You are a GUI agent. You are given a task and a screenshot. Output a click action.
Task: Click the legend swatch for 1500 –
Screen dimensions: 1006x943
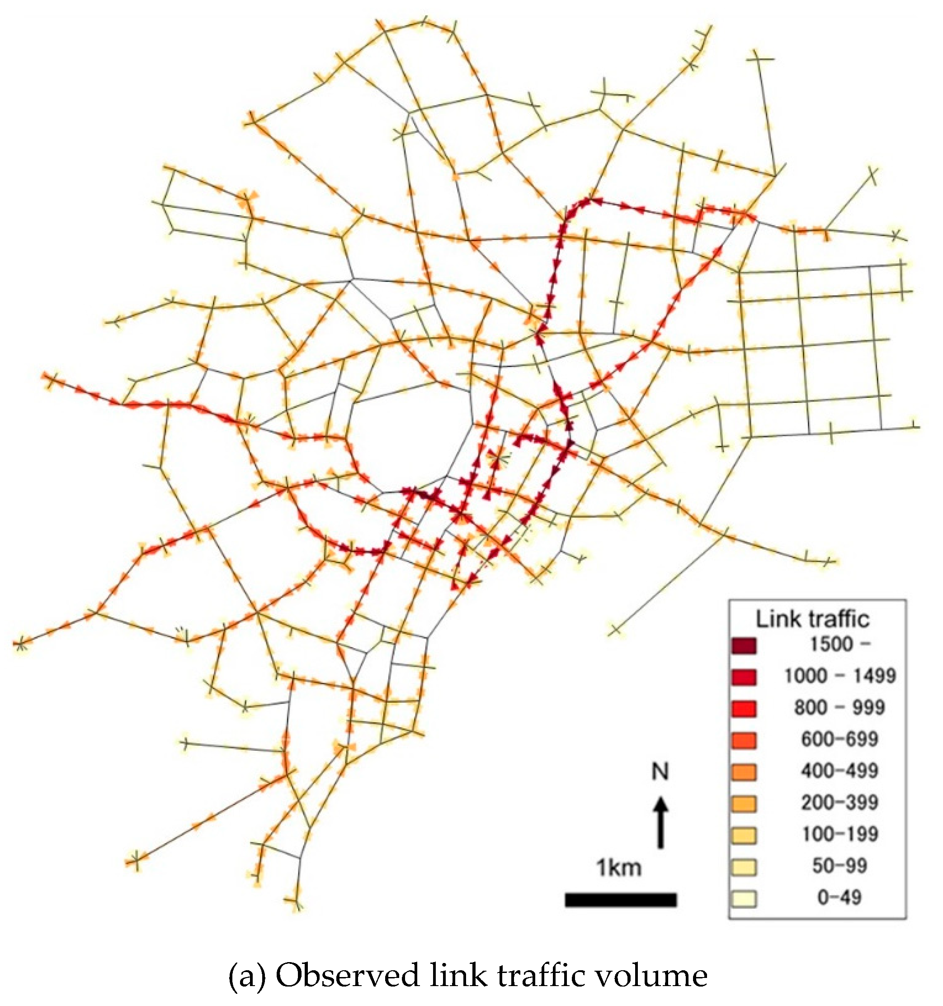[743, 646]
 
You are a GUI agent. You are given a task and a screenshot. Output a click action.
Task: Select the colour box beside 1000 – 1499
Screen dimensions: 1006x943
[743, 677]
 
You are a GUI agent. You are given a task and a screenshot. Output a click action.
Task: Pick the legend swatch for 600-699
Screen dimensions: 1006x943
[743, 741]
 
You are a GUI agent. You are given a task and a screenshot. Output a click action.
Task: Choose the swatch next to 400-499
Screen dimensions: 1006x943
[743, 772]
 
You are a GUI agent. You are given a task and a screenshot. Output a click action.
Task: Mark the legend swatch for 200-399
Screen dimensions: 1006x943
[743, 804]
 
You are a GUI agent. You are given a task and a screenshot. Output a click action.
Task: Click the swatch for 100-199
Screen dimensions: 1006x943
[743, 835]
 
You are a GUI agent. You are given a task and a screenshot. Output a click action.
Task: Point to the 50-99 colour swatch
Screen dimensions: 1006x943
[743, 867]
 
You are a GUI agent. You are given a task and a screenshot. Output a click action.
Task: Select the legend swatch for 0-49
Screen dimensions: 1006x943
[743, 899]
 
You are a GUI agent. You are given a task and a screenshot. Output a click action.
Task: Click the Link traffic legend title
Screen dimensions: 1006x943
[812, 619]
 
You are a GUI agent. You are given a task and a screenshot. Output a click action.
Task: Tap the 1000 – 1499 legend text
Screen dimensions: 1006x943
[840, 676]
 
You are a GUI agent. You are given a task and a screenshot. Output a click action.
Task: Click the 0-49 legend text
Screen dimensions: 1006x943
[839, 898]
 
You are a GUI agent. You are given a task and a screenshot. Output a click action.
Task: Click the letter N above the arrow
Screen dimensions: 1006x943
[660, 772]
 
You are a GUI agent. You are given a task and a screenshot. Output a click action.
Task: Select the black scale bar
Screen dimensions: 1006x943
[620, 900]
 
